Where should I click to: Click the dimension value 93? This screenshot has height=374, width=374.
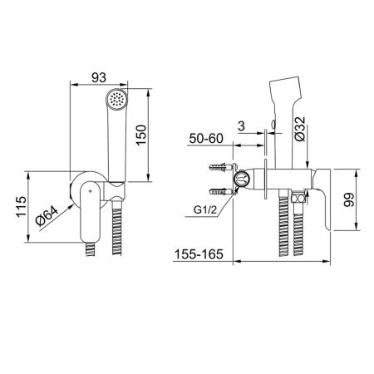pos(99,77)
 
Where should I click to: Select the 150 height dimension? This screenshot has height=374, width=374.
pos(141,135)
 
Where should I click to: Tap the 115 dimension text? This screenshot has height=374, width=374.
pos(21,206)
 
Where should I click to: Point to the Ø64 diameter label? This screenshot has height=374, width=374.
pos(47,216)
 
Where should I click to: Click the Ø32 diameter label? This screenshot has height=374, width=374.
pos(300,129)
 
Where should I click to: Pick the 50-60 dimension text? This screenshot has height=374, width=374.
pos(206,138)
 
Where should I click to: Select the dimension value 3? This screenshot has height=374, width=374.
pos(241,126)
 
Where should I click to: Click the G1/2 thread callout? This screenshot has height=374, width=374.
pos(205,209)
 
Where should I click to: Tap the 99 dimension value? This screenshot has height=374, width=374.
pos(349,199)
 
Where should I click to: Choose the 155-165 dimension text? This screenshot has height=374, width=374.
pos(199,254)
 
